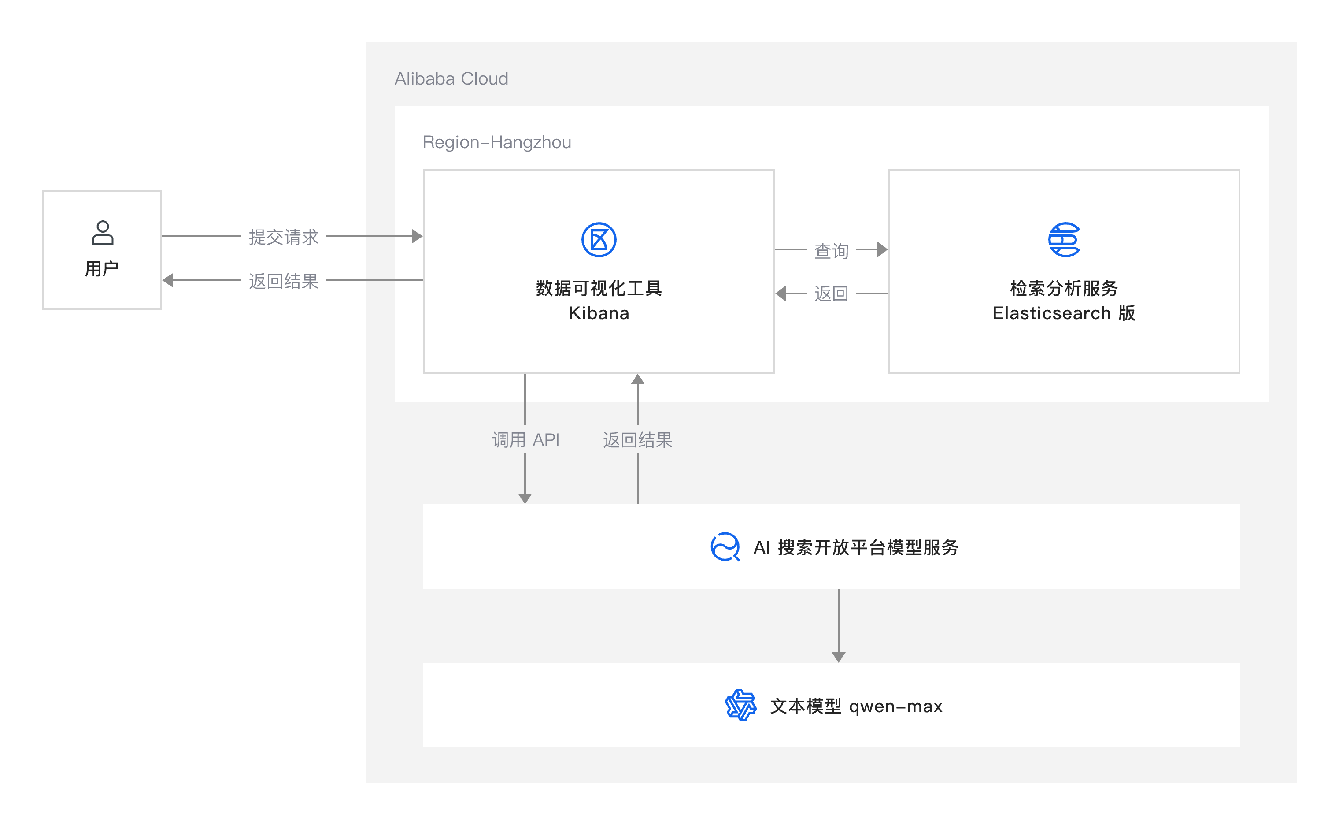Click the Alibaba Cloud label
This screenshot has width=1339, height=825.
pos(451,78)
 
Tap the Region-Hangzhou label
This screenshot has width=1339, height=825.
pos(497,142)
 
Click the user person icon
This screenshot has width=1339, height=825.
pos(103,233)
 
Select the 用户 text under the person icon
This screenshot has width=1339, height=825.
pos(102,268)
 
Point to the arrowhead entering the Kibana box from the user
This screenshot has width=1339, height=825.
pos(417,236)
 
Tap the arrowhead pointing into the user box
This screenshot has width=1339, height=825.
pos(168,280)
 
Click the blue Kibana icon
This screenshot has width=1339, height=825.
pos(599,240)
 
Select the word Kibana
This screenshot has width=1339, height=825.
pos(599,313)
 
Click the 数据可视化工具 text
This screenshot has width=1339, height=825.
pos(599,288)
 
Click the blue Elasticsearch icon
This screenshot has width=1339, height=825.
pos(1064,240)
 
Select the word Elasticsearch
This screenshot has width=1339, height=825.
pos(1051,313)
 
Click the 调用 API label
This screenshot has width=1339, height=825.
pos(525,440)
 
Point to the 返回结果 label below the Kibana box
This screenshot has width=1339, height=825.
pos(637,440)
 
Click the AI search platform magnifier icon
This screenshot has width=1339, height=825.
pos(725,547)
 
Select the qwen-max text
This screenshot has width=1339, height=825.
pos(896,706)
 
